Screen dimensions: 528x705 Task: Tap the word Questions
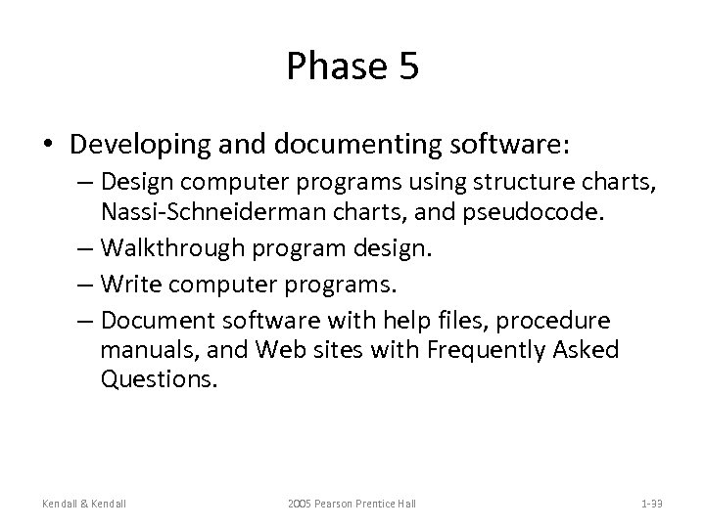tap(157, 379)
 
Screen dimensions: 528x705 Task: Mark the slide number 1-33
tap(651, 503)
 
